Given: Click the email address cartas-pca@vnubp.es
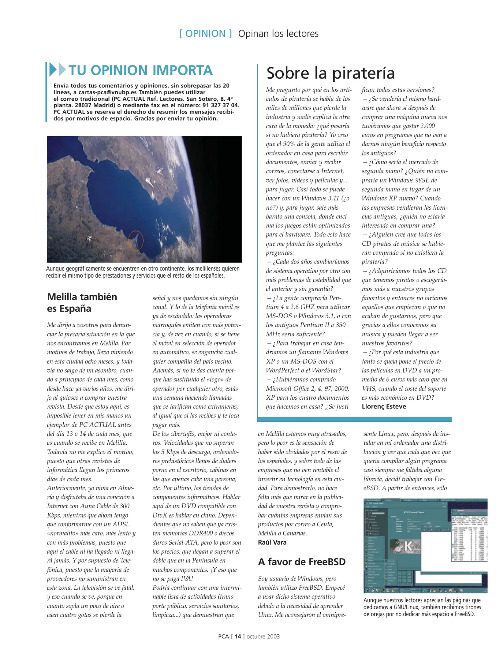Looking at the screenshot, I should pyautogui.click(x=107, y=92).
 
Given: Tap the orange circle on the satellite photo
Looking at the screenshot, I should pyautogui.click(x=135, y=240).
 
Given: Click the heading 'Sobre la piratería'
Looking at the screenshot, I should pyautogui.click(x=330, y=73).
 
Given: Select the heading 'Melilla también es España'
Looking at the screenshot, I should pyautogui.click(x=82, y=302).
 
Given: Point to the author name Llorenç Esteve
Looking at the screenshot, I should pyautogui.click(x=384, y=406).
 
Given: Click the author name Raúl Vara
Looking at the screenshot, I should pyautogui.click(x=272, y=542).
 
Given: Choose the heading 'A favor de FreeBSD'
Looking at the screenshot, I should pyautogui.click(x=302, y=562).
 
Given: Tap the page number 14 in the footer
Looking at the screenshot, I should pyautogui.click(x=238, y=637).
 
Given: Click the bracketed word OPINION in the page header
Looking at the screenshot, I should pyautogui.click(x=205, y=34).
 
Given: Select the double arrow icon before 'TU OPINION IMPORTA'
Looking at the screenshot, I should pyautogui.click(x=58, y=70).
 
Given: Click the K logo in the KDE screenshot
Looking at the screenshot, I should pyautogui.click(x=408, y=546).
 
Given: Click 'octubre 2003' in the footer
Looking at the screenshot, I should pyautogui.click(x=263, y=637).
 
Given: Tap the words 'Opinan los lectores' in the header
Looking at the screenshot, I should pyautogui.click(x=278, y=34).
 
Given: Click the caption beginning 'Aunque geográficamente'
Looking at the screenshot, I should pyautogui.click(x=143, y=272).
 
